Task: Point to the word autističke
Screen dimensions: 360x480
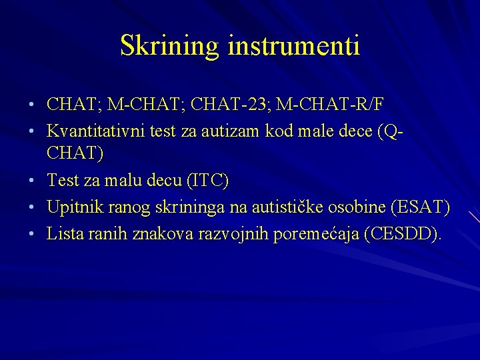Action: pos(285,207)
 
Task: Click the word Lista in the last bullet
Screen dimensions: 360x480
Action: pos(63,234)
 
